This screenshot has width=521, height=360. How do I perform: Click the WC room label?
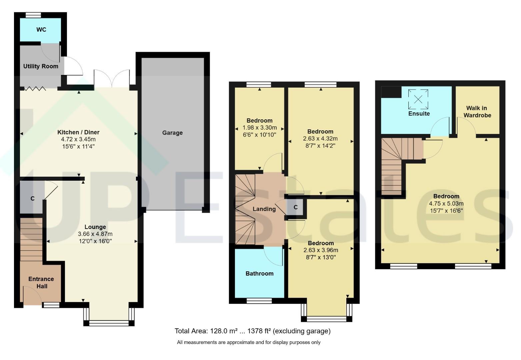[41, 30]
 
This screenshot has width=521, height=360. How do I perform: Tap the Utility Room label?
[41, 66]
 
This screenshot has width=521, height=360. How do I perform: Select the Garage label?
[172, 133]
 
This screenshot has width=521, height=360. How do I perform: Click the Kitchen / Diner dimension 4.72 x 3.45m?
[78, 139]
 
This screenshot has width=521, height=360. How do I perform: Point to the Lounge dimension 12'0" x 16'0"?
[95, 241]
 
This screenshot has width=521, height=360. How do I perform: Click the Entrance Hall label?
[41, 283]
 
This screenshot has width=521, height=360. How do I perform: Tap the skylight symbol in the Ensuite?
[418, 100]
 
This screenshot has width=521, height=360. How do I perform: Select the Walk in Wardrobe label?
[477, 112]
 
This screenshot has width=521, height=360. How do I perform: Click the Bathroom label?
[260, 273]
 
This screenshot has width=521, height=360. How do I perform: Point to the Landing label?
[264, 209]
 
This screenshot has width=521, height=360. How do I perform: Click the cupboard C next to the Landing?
[296, 207]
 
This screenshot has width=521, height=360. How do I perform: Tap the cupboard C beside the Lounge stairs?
[33, 199]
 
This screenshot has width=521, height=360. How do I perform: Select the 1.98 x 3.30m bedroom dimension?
[260, 128]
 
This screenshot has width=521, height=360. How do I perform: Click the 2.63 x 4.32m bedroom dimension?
[320, 139]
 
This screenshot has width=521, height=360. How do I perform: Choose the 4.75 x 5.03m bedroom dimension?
[446, 203]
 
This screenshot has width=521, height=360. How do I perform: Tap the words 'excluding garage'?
[301, 331]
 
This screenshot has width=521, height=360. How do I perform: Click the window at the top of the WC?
[33, 15]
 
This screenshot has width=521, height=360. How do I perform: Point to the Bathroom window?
[259, 301]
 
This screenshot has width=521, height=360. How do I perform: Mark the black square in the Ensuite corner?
[391, 92]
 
